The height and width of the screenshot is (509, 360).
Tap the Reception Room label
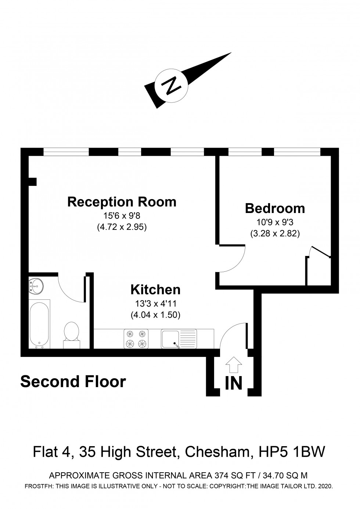coord(122,202)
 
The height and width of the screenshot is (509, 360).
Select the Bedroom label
coord(275,208)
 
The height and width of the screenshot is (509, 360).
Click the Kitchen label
coord(155,290)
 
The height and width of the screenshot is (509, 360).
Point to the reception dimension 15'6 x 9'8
coord(122,216)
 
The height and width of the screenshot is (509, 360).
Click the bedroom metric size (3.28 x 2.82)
coord(275,233)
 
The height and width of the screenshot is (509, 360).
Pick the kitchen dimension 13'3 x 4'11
coord(155,304)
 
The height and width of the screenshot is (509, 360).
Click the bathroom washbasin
coord(36,285)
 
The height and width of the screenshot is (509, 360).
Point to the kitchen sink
coord(179,339)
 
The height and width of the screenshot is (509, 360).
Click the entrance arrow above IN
coord(233,365)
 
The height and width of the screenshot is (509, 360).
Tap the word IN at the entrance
coord(234,383)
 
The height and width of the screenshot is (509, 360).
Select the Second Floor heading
coord(73,382)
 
